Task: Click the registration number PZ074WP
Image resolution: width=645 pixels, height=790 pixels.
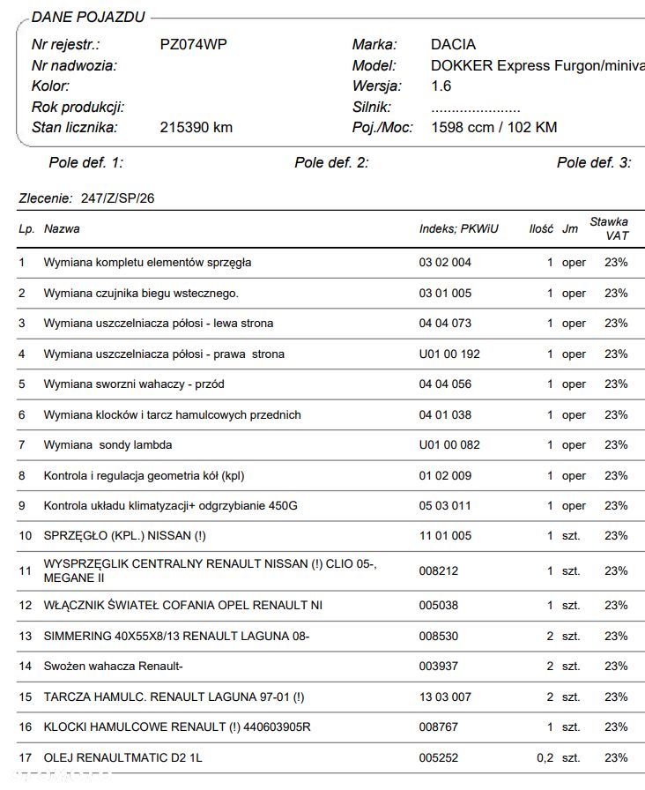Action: pos(193,44)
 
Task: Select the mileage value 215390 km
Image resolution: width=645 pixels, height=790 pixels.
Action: pos(196,127)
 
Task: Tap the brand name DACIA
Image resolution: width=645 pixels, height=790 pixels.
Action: pos(453,44)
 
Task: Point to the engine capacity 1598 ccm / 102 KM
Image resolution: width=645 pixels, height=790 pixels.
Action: pos(493,127)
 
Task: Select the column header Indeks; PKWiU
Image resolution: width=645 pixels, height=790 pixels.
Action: pos(458,228)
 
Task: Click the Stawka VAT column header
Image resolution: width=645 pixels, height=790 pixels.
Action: pos(610,228)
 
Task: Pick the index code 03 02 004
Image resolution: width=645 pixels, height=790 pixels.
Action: pos(445,262)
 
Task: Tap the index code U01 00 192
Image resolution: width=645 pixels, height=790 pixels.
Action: pos(449,354)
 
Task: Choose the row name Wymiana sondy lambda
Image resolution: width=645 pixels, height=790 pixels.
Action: pos(107,444)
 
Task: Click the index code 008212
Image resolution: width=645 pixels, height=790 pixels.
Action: pos(439,570)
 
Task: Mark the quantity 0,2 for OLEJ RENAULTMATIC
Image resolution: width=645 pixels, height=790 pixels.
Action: pos(545,757)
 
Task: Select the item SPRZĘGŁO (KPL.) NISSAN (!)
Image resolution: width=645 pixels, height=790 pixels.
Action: pos(124,535)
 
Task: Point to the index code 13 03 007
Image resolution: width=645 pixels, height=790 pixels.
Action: pos(445,697)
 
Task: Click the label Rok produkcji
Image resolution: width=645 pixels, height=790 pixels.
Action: pos(78,107)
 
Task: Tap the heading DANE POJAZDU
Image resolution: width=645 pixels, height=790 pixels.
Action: pos(88,18)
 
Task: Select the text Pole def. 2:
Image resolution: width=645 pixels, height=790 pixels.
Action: pos(331,162)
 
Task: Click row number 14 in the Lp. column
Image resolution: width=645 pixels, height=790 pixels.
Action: pos(25,666)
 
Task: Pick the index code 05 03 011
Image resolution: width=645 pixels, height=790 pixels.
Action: pos(445,505)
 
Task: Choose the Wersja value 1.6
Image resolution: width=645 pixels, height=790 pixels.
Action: pos(441,86)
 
